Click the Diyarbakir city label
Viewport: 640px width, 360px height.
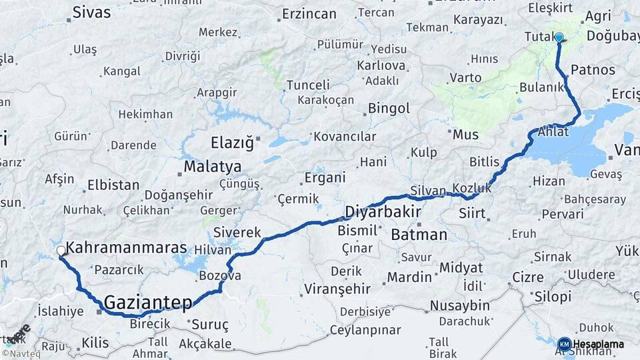[x=383, y=212]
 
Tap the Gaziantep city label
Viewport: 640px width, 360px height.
[x=149, y=301]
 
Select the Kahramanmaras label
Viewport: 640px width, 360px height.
[x=127, y=248]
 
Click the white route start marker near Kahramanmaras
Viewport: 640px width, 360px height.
[x=61, y=251]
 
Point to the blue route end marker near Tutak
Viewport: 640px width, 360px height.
[x=559, y=38]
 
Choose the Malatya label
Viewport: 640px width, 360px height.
[x=213, y=167]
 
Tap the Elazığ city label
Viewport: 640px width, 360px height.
[x=233, y=143]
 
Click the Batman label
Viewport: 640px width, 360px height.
[x=419, y=235]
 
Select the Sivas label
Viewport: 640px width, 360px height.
[x=92, y=11]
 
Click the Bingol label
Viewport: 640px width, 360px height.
[x=389, y=108]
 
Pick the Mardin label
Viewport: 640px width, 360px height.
[x=410, y=277]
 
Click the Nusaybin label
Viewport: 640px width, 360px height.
[x=459, y=305]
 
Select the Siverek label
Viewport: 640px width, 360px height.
[x=237, y=233]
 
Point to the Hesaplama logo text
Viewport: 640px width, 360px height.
[x=598, y=344]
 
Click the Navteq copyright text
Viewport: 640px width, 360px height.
[x=23, y=353]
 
